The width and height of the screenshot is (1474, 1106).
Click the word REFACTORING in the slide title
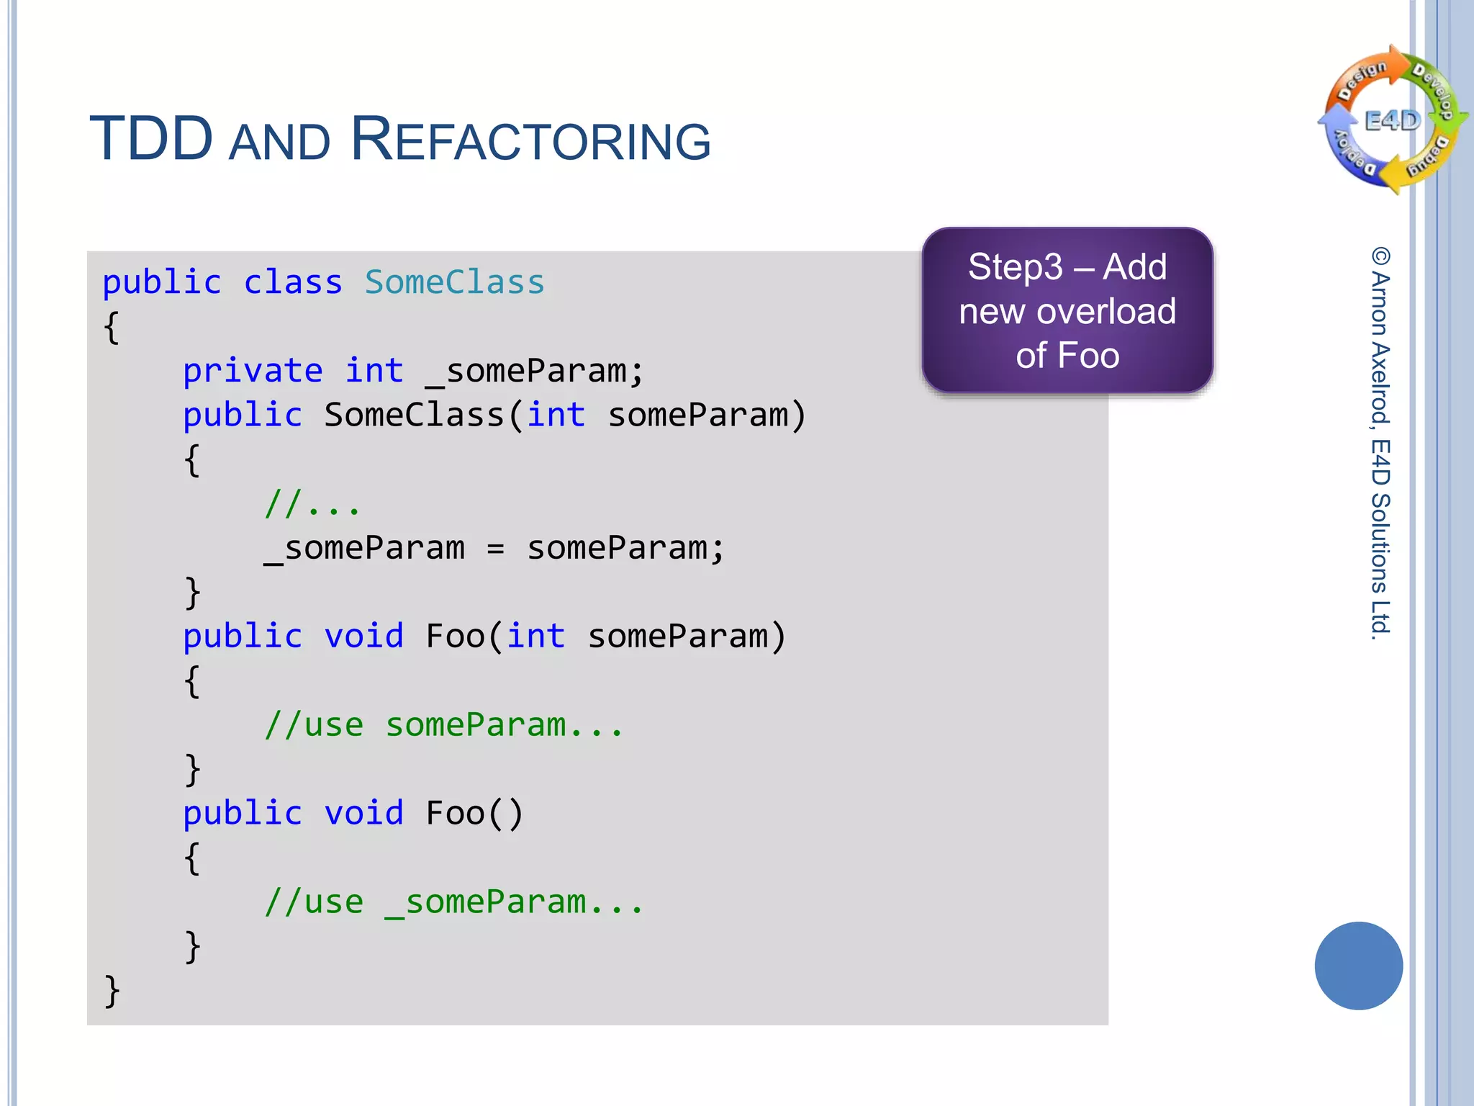pyautogui.click(x=530, y=140)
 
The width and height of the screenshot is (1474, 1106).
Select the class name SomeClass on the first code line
pyautogui.click(x=454, y=282)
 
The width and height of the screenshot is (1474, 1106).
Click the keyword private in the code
pyautogui.click(x=253, y=371)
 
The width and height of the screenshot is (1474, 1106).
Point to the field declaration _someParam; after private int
pyautogui.click(x=534, y=372)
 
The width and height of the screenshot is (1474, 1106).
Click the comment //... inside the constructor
pyautogui.click(x=312, y=504)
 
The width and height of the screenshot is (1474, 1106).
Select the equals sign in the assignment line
pyautogui.click(x=495, y=549)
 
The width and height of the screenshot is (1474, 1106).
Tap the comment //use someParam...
pyautogui.click(x=443, y=725)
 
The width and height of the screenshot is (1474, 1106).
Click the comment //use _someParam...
pyautogui.click(x=453, y=902)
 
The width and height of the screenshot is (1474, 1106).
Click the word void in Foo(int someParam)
pyautogui.click(x=363, y=637)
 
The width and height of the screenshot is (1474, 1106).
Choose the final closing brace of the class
pyautogui.click(x=112, y=991)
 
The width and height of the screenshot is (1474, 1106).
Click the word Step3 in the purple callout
pyautogui.click(x=1015, y=267)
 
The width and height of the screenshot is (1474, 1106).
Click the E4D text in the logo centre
pyautogui.click(x=1393, y=121)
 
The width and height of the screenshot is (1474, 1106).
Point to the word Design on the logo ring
pyautogui.click(x=1361, y=80)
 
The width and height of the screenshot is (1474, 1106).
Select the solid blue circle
pyautogui.click(x=1358, y=966)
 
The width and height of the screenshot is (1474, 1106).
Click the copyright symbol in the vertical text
pyautogui.click(x=1380, y=256)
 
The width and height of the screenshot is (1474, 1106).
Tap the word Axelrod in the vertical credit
pyautogui.click(x=1380, y=382)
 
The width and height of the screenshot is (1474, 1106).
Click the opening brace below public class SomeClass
pyautogui.click(x=112, y=328)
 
